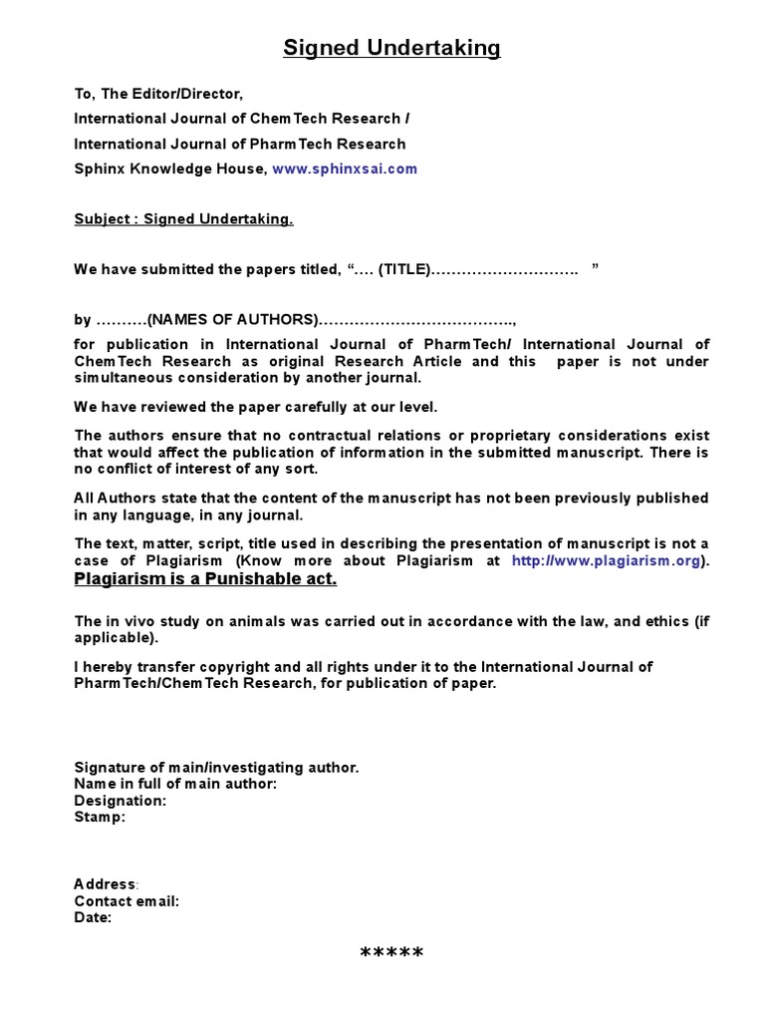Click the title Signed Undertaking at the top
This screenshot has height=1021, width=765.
pyautogui.click(x=391, y=48)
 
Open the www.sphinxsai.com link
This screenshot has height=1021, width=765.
pyautogui.click(x=345, y=169)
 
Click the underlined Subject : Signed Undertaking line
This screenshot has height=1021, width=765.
pyautogui.click(x=184, y=219)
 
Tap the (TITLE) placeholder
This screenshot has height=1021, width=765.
pyautogui.click(x=401, y=269)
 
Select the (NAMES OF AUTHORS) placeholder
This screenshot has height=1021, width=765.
pyautogui.click(x=232, y=320)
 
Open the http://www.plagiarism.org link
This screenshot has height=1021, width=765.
pyautogui.click(x=606, y=561)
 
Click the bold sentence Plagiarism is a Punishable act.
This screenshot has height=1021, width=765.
pyautogui.click(x=206, y=579)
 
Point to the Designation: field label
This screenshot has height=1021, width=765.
pyautogui.click(x=121, y=801)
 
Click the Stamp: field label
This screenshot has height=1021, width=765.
pyautogui.click(x=101, y=818)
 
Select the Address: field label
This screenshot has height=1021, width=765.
pyautogui.click(x=107, y=884)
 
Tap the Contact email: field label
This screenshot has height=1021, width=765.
pyautogui.click(x=127, y=901)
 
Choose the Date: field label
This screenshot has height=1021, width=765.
pyautogui.click(x=93, y=918)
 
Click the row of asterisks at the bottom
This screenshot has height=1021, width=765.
pyautogui.click(x=391, y=954)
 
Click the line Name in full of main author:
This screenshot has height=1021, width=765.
pyautogui.click(x=175, y=784)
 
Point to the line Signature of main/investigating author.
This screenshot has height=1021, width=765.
pyautogui.click(x=216, y=767)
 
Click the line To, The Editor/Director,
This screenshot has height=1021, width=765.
pyautogui.click(x=158, y=94)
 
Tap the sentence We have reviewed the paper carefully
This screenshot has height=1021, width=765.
pyautogui.click(x=256, y=407)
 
